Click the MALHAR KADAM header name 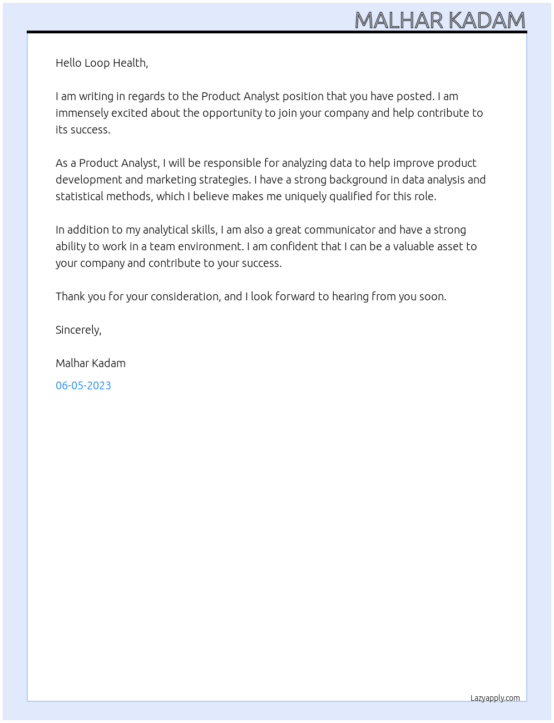(439, 20)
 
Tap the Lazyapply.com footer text (495, 698)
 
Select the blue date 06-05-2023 (83, 385)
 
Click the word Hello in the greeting (68, 63)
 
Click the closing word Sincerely (78, 330)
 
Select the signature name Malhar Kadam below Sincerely (91, 363)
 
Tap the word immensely (82, 113)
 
